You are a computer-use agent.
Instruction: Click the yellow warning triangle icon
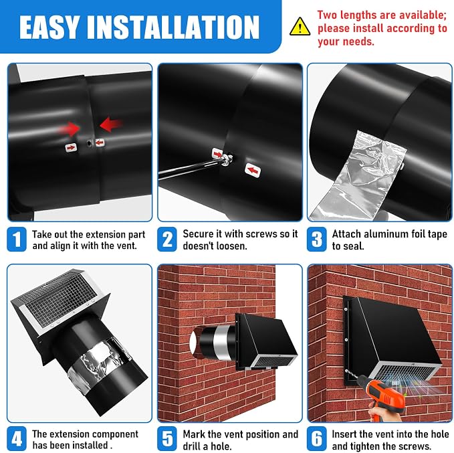pos(300,27)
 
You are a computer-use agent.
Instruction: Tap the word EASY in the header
pos(49,27)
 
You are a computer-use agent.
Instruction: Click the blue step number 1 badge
pos(17,239)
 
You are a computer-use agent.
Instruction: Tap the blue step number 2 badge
pos(167,239)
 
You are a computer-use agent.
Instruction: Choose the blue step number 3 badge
pos(317,239)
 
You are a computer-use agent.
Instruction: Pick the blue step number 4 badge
pos(17,438)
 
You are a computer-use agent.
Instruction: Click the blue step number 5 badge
pos(167,438)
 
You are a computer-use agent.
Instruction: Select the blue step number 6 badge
pos(317,438)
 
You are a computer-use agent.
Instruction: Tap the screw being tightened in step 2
pos(227,159)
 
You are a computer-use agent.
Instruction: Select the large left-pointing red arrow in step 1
pos(110,124)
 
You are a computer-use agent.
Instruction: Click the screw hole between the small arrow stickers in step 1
pos(89,143)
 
